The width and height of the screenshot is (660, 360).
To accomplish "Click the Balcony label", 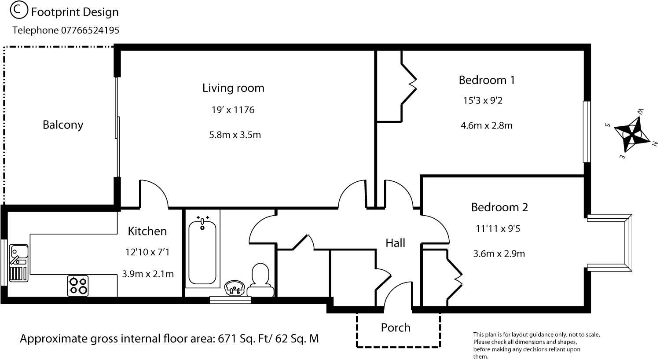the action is (x=63, y=125).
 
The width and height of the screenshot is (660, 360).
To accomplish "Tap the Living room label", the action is (x=233, y=88).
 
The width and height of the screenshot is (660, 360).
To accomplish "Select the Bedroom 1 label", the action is (x=487, y=80).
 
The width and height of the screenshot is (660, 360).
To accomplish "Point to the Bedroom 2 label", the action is (x=499, y=207).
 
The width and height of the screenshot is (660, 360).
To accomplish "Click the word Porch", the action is (x=396, y=327).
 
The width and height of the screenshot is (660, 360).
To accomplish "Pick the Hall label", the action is (x=396, y=243).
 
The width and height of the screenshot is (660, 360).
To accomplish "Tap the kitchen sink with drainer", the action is (x=18, y=263).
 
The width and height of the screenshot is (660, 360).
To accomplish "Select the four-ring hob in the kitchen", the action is (x=78, y=286).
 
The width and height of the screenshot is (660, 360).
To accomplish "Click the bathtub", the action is (x=202, y=250).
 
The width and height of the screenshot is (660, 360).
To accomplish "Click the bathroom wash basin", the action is (x=235, y=288).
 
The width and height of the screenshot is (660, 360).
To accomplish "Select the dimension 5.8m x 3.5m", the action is (x=235, y=135).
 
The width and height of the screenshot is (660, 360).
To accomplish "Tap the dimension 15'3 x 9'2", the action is (x=483, y=101).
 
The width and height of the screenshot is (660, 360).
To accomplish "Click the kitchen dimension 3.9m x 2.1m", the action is (x=148, y=274).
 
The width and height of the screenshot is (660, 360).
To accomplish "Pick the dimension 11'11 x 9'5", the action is (x=498, y=228).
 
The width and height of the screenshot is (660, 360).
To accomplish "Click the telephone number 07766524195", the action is (x=90, y=30).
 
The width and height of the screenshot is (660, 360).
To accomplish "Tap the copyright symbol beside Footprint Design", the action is (x=19, y=10).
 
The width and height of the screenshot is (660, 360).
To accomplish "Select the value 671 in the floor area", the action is (x=227, y=339).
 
